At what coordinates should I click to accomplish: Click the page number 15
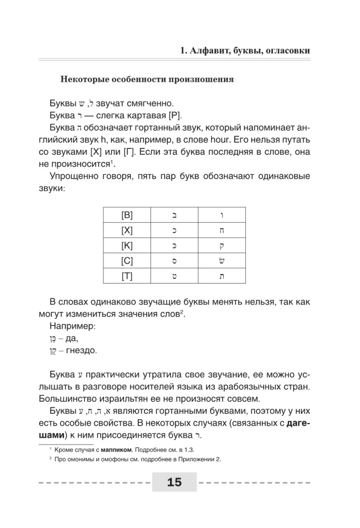point(174,482)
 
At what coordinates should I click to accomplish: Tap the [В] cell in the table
point(127,215)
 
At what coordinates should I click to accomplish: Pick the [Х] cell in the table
point(127,230)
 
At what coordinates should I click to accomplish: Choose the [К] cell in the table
point(127,246)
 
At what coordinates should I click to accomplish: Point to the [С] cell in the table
point(127,261)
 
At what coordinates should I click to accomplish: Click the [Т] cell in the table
point(127,276)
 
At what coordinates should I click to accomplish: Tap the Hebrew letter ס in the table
point(174,261)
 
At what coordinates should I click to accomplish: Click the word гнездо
point(81,351)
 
